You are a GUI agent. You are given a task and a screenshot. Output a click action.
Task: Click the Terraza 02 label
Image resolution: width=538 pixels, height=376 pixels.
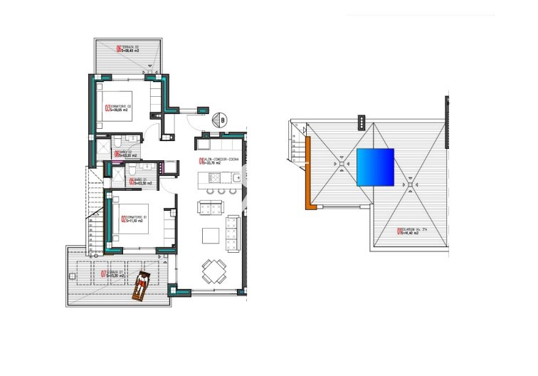click(128, 49)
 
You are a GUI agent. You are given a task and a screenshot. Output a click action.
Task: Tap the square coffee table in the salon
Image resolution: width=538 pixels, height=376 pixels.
click(211, 235)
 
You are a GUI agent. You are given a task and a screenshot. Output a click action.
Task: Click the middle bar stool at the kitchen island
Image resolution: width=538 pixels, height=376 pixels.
click(221, 191)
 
